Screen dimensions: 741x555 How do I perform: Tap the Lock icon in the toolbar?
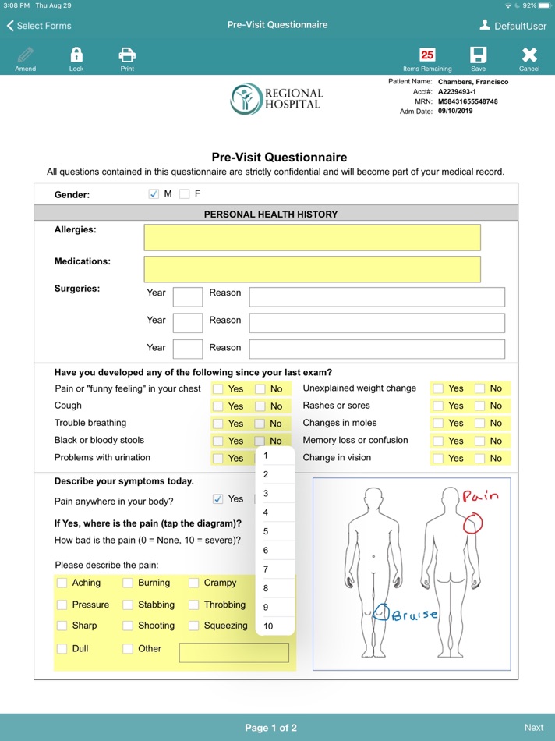coord(76,56)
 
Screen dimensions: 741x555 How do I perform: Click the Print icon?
coord(127,56)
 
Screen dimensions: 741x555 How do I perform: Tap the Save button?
coord(478,56)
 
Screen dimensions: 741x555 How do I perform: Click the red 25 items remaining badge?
coord(427,55)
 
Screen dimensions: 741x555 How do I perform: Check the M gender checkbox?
coord(154,194)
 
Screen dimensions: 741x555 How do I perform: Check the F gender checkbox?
coord(185,194)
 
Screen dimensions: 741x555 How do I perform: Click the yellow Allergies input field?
coord(312,237)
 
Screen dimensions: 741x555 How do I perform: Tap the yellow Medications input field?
coord(312,268)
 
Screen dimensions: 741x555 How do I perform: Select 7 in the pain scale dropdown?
coord(266,569)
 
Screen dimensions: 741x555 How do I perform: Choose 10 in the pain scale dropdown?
coord(268,626)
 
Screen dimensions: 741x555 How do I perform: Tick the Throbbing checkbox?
coord(193,604)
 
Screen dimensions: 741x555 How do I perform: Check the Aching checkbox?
coord(62,583)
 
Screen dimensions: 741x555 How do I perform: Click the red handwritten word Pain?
coord(480,496)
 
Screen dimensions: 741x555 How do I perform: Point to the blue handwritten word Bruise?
coord(415,615)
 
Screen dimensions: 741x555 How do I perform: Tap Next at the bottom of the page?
coord(534,728)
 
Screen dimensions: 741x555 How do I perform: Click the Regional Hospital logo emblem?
coord(246,99)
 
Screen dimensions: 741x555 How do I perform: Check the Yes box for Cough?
coord(218,406)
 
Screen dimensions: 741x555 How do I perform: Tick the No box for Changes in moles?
coord(479,424)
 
